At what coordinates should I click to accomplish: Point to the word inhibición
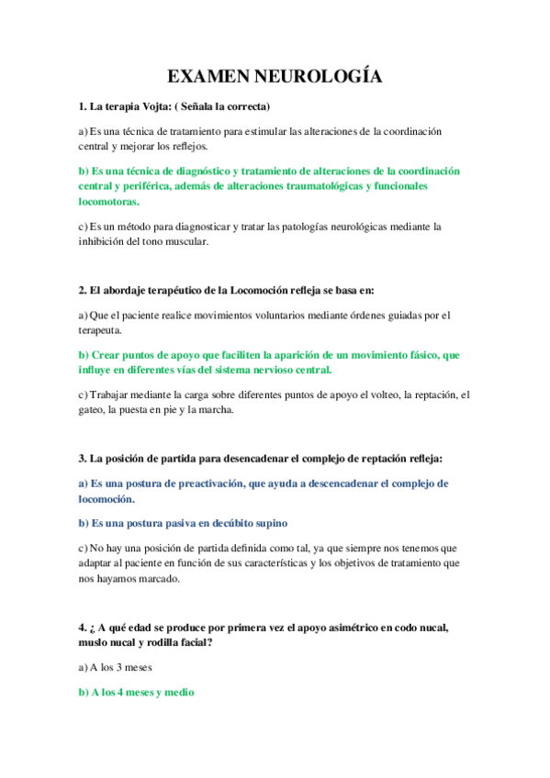pos(110,241)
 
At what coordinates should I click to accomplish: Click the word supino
pos(270,523)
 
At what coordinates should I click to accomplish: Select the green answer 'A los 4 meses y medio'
pos(137,693)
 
